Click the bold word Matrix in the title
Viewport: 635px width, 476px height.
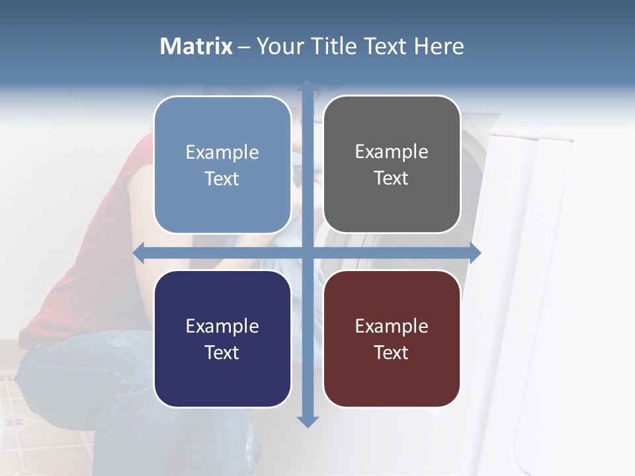coord(196,46)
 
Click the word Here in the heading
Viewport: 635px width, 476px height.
coord(439,46)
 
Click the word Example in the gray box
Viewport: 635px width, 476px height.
coord(392,152)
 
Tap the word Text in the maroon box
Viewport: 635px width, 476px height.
coord(392,352)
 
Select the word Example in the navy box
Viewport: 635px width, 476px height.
coord(222,326)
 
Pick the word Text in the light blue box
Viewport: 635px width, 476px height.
coord(222,179)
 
